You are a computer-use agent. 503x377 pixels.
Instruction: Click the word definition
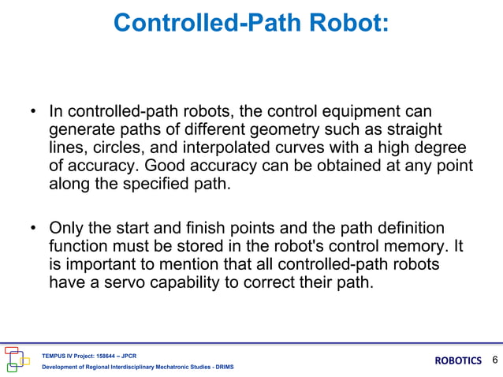point(406,229)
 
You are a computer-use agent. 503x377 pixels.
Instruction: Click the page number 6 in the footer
point(494,360)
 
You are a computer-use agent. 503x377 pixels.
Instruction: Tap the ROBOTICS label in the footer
point(457,360)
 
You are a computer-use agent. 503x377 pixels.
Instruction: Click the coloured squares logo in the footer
point(17,358)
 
